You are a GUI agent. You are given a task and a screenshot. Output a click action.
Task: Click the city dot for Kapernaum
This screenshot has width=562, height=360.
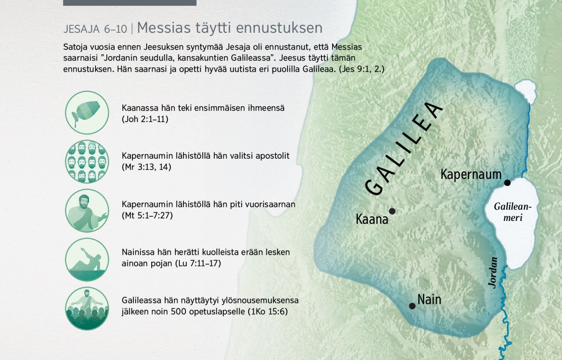(507, 183)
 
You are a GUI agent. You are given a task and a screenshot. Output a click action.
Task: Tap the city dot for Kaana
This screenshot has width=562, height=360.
(392, 211)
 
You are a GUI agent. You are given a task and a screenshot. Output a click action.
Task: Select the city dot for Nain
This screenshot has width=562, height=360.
(412, 306)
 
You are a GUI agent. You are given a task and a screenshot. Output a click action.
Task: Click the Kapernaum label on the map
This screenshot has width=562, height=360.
(471, 174)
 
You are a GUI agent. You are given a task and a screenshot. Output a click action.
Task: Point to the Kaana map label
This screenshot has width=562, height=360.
(372, 219)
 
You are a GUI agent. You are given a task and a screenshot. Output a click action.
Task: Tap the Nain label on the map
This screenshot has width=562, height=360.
(429, 300)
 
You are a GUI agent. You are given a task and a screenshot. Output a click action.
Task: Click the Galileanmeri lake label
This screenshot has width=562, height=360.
(513, 212)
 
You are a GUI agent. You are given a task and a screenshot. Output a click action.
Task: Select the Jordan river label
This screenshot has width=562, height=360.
(493, 272)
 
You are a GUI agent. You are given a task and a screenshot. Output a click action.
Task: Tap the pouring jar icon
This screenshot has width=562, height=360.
(87, 112)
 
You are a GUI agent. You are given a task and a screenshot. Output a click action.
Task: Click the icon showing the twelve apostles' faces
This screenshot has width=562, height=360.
(87, 162)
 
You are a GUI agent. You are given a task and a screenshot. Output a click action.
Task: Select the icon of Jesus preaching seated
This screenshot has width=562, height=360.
(87, 210)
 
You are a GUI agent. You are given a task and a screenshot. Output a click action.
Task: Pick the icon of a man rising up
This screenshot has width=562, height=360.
(87, 259)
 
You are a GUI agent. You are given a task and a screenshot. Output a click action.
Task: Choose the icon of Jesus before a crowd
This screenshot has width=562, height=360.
(87, 309)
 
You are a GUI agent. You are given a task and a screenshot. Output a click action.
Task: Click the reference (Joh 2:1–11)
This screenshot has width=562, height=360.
(145, 119)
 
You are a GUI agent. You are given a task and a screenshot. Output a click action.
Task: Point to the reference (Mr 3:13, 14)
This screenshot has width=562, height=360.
(147, 167)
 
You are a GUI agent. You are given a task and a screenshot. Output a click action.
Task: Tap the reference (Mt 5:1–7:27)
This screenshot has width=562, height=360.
(147, 215)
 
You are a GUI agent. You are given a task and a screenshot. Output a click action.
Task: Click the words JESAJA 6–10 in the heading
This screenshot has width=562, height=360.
(96, 29)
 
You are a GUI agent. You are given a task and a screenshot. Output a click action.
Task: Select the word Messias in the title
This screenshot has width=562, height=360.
(164, 28)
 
